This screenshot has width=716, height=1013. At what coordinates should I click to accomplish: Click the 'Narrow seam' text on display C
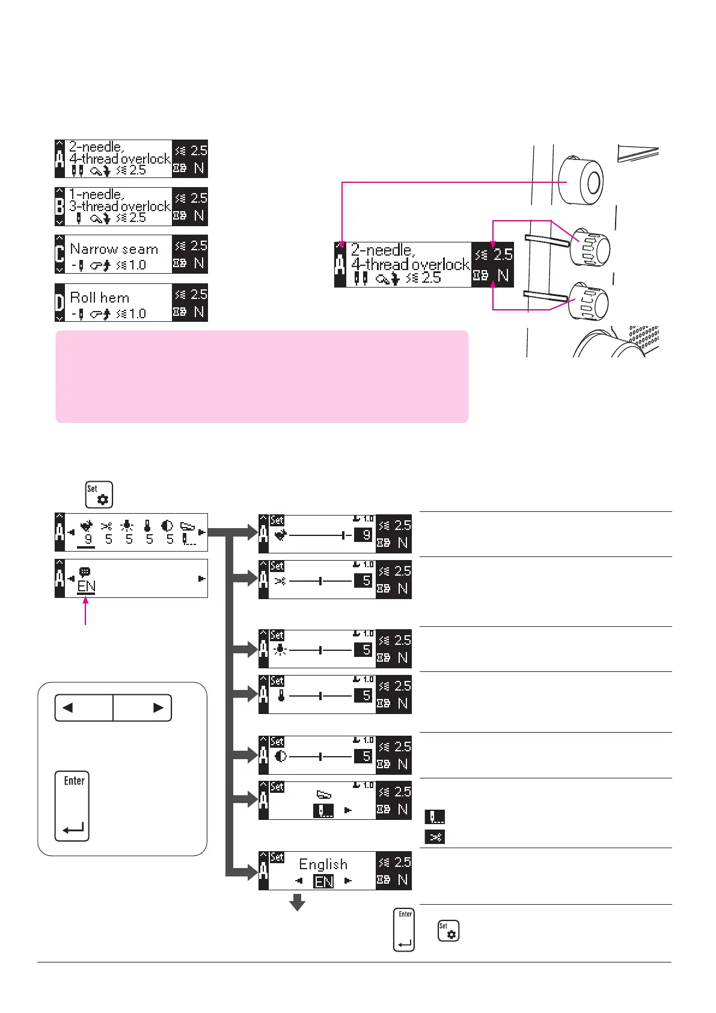tap(114, 249)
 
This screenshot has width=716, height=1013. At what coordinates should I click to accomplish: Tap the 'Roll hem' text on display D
tap(100, 298)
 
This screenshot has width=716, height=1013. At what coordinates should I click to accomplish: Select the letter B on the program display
tap(60, 206)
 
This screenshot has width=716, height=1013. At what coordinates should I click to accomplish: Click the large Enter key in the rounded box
tap(72, 805)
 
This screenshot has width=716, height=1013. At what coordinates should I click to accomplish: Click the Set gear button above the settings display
tap(99, 494)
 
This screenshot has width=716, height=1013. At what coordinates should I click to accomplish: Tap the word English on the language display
tap(323, 864)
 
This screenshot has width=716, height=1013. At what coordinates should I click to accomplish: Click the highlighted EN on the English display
tap(323, 882)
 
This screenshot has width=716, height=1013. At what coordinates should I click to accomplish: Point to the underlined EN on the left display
tap(87, 587)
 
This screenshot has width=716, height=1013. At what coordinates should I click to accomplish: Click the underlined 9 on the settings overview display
tap(88, 539)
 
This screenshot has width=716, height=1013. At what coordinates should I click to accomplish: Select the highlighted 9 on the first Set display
tap(366, 534)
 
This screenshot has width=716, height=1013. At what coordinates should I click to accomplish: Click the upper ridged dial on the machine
tap(591, 247)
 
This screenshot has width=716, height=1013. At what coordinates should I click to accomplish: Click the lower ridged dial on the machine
tap(590, 302)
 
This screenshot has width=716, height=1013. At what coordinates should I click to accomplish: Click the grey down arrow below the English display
tap(298, 902)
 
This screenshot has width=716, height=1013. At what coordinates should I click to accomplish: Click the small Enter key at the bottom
tap(404, 929)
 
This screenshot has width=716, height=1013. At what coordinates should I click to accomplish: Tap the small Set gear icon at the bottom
tap(448, 931)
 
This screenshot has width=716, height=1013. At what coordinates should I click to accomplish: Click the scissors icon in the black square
tap(435, 837)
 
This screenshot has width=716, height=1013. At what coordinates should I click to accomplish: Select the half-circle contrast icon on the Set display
tap(280, 756)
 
